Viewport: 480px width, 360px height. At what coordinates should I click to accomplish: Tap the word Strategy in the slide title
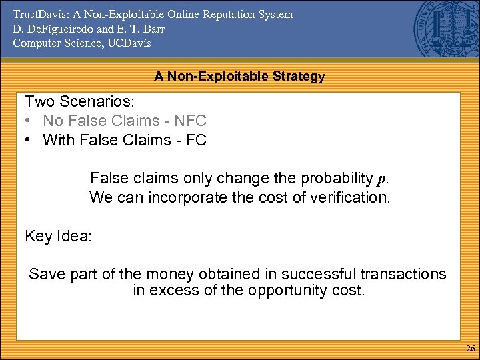point(298,77)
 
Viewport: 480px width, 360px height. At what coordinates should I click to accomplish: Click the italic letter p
point(381,179)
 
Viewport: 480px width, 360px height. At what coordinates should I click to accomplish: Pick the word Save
point(45,274)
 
